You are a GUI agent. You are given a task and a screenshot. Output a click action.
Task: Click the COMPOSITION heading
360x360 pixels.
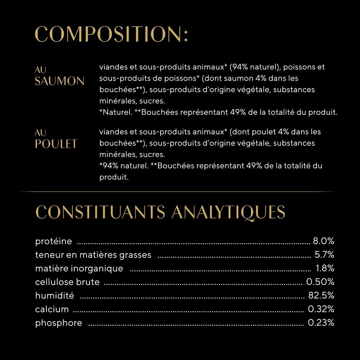point(111,35)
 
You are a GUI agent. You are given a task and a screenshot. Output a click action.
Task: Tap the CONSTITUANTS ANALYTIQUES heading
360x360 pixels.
point(161,212)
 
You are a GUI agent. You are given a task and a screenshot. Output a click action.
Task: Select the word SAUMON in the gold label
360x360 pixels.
point(59,81)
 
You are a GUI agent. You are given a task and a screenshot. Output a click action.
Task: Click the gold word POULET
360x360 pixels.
point(56,144)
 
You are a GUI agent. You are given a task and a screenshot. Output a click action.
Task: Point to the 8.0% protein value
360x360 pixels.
point(324,241)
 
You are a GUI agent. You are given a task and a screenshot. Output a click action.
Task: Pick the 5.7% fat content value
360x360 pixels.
point(324,255)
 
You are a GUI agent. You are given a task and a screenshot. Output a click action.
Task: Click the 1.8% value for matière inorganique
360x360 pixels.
point(325,269)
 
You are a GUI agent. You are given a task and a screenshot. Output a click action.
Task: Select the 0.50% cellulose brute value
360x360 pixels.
point(320,282)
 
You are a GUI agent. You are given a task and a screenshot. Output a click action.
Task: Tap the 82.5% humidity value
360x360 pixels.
point(321,296)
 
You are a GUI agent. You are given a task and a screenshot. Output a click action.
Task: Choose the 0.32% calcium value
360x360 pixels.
point(321,309)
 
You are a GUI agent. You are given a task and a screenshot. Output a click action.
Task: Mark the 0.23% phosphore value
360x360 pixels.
point(321,323)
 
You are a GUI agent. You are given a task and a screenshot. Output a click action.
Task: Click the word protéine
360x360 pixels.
point(54,241)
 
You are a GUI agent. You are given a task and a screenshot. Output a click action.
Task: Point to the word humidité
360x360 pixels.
point(55,296)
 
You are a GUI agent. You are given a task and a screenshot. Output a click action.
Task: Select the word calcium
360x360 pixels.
point(52,309)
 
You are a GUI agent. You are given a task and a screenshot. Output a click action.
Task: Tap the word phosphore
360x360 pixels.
point(59,323)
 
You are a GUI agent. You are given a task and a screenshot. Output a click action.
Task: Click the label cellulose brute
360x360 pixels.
point(67,282)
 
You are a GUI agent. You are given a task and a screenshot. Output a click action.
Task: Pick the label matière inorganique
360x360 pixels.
point(79,269)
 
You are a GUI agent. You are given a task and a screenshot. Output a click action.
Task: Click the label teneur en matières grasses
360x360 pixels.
point(93,255)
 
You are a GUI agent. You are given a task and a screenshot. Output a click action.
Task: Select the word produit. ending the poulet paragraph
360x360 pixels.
point(114,177)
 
